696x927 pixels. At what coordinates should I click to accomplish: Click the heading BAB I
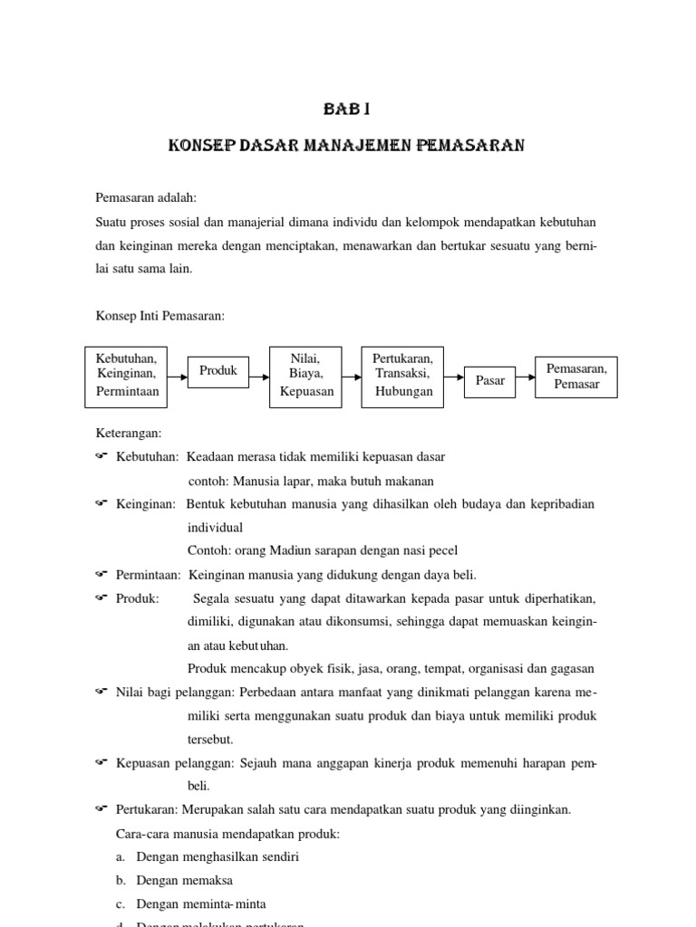(347, 110)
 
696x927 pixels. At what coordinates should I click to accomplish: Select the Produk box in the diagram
(217, 371)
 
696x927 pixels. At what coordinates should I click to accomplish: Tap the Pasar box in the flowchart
(489, 381)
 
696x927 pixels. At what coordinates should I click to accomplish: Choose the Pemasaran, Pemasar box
(576, 377)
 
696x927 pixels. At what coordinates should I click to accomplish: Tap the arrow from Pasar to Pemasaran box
(526, 380)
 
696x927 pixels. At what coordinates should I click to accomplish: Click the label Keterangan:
(129, 434)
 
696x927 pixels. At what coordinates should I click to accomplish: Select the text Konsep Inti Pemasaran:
(160, 316)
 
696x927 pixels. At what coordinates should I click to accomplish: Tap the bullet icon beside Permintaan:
(101, 574)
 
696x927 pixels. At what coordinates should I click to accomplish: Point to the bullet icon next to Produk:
(101, 597)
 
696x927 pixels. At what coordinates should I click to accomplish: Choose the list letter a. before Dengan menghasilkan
(121, 856)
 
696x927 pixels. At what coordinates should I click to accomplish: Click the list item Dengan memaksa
(184, 880)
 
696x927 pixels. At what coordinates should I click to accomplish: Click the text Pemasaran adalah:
(146, 198)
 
